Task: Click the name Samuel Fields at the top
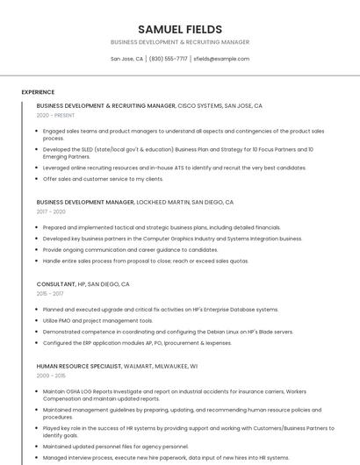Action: pyautogui.click(x=180, y=29)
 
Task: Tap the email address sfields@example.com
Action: pyautogui.click(x=221, y=59)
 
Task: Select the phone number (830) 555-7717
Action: pyautogui.click(x=169, y=59)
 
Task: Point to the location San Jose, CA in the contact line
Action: pyautogui.click(x=126, y=59)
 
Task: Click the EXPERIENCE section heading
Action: pyautogui.click(x=38, y=92)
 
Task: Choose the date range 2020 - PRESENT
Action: pyautogui.click(x=55, y=115)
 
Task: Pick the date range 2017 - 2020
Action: pyautogui.click(x=51, y=211)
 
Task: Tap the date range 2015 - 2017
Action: pyautogui.click(x=51, y=294)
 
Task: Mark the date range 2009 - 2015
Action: pyautogui.click(x=51, y=375)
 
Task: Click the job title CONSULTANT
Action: pyautogui.click(x=56, y=284)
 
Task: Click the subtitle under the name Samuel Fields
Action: pyautogui.click(x=180, y=42)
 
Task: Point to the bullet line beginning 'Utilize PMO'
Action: pyautogui.click(x=97, y=320)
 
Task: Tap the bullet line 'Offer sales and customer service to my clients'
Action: pyautogui.click(x=103, y=179)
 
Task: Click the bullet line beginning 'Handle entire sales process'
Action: pyautogui.click(x=145, y=261)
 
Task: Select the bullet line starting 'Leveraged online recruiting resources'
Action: pyautogui.click(x=162, y=168)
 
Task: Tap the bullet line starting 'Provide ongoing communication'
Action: pyautogui.click(x=130, y=249)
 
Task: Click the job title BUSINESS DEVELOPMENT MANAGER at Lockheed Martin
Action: pyautogui.click(x=85, y=202)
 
